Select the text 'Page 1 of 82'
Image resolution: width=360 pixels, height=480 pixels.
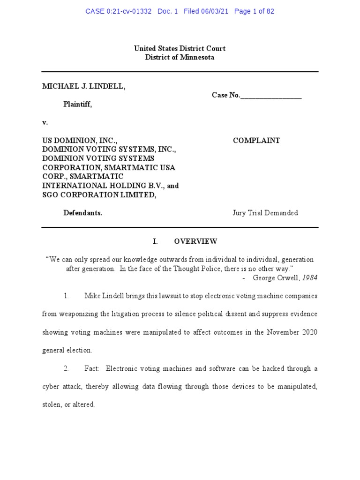coord(254,11)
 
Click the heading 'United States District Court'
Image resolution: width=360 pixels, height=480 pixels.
coord(180,48)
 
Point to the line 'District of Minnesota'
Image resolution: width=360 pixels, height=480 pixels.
coord(180,57)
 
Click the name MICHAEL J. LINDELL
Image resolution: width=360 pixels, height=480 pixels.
coord(84,86)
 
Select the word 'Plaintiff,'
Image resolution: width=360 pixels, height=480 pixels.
coord(78,105)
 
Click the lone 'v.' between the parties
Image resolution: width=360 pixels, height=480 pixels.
coord(45,122)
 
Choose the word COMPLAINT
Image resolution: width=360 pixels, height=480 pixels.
coord(256,141)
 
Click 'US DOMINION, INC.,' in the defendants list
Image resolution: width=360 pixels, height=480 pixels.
coord(80,141)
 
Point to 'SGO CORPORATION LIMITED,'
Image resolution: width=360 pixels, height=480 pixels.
coord(99,195)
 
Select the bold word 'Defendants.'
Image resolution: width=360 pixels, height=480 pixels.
coord(83,213)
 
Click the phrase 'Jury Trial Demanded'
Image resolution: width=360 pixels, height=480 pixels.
coord(265,213)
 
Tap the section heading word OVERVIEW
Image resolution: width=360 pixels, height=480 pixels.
coord(195,241)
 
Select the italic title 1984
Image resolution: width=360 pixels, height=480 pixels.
coord(309,277)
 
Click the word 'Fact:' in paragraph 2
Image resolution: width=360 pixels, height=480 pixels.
coord(92,368)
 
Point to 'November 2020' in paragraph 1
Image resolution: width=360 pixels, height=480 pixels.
coord(292,332)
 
